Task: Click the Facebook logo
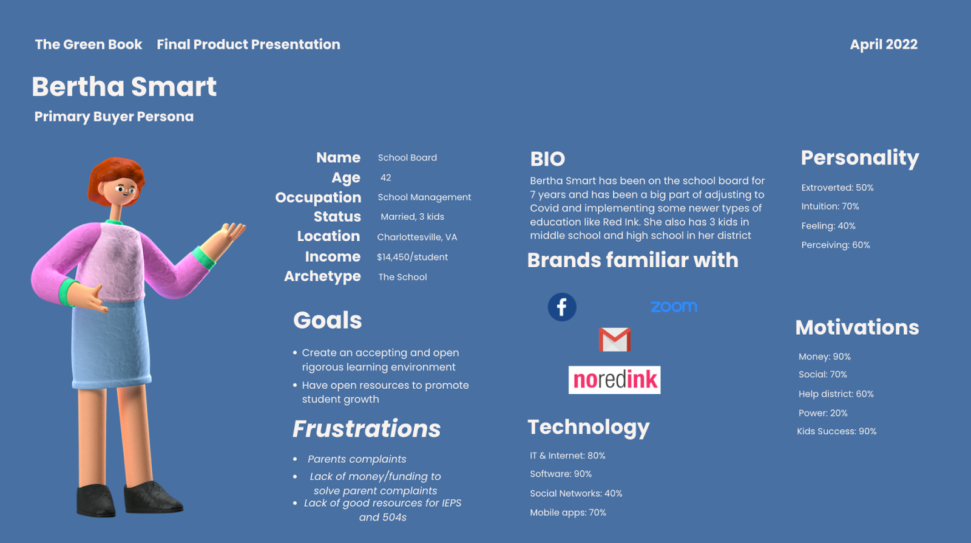(x=562, y=307)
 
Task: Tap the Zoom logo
(x=674, y=307)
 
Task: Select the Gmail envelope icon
(x=615, y=340)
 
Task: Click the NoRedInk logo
(x=615, y=380)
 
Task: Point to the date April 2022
(x=884, y=45)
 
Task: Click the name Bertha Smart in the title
(x=124, y=86)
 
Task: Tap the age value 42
(x=386, y=178)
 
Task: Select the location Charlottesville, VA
(x=417, y=237)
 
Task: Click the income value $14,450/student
(x=412, y=257)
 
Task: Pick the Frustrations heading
(x=367, y=429)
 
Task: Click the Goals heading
(x=327, y=321)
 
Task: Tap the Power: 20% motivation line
(x=823, y=413)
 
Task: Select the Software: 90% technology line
(x=561, y=474)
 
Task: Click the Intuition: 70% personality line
(x=830, y=207)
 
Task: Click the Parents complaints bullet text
(x=357, y=459)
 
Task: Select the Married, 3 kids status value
(x=412, y=217)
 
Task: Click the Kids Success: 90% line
(x=837, y=431)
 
